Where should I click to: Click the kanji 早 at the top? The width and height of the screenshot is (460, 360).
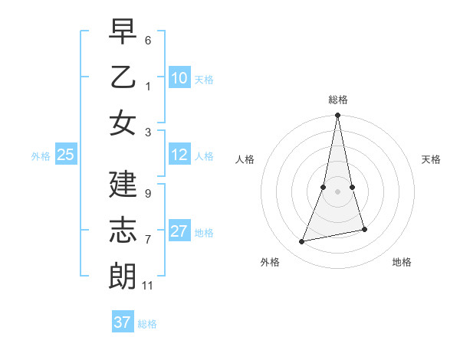point(123,33)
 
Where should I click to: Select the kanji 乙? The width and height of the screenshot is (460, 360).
point(123,77)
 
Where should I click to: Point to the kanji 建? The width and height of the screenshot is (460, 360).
point(123,185)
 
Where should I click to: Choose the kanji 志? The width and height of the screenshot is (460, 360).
point(123,231)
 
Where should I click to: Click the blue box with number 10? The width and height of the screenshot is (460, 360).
point(179,78)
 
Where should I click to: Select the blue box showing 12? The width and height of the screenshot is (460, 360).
point(179,155)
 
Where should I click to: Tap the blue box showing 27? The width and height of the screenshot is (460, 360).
point(179,231)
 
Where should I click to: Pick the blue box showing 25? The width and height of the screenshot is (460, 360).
point(65,155)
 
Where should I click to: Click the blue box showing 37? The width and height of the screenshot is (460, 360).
point(123,322)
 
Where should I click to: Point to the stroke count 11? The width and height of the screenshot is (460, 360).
point(148,286)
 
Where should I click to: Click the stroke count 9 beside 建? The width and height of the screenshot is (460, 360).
point(148,194)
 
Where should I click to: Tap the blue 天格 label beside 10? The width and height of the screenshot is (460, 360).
point(204,80)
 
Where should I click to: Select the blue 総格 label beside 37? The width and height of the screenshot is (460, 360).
point(147,324)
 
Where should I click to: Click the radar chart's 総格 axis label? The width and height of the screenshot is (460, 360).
point(338,100)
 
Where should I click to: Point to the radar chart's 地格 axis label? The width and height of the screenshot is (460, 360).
point(402,263)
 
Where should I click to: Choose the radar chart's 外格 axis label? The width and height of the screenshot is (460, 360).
point(270,263)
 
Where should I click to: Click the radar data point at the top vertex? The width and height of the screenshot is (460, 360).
point(337,116)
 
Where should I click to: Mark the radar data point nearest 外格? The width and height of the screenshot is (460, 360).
point(302,241)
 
